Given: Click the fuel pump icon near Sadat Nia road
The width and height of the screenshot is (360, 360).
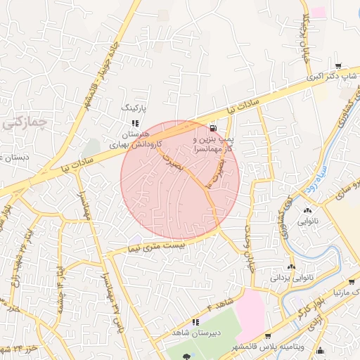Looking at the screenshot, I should (212, 128).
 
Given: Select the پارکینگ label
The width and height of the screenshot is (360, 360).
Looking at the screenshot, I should (136, 108).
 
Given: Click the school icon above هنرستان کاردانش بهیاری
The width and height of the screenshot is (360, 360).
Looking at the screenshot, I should (135, 123).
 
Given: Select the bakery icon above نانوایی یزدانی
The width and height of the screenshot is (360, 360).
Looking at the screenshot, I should (292, 267).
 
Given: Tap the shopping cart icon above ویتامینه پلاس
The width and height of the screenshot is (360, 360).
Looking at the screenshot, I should (269, 336).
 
